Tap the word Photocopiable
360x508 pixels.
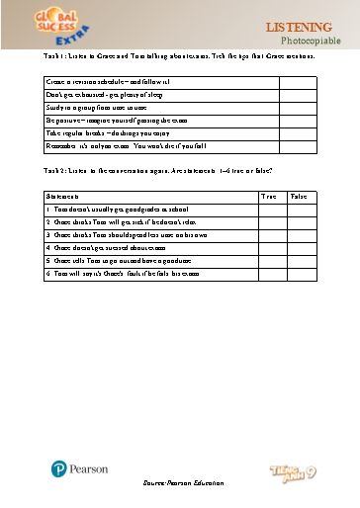(x=310, y=41)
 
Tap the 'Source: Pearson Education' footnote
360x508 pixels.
(x=179, y=483)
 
